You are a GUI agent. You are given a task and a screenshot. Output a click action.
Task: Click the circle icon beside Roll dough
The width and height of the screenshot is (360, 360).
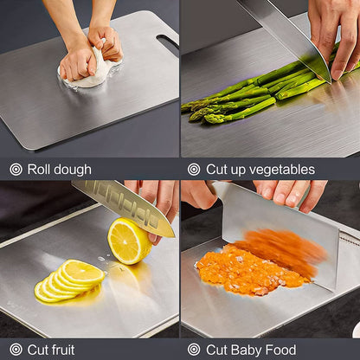pos(16,170)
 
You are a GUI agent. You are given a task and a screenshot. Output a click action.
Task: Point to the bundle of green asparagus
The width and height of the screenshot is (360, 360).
pos(251,92)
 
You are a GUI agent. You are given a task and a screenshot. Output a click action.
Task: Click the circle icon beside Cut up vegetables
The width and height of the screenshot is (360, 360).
pos(194,170)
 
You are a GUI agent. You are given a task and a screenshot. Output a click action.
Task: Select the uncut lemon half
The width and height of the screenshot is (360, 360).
pos(128,241)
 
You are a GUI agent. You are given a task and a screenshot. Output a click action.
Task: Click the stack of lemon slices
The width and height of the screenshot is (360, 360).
pos(69,280)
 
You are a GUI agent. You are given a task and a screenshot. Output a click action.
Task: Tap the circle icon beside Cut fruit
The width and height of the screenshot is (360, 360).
pos(16,350)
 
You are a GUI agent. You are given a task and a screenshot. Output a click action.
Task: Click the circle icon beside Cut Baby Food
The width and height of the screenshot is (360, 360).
pos(194,350)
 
